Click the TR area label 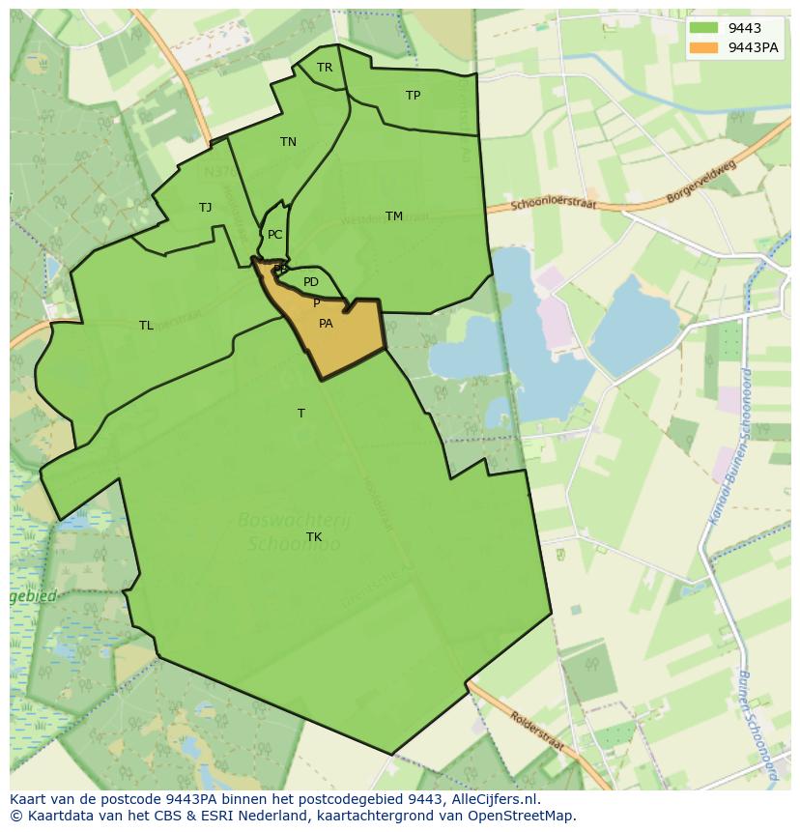click(x=325, y=68)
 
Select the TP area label click(x=413, y=96)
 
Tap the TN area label click(x=288, y=142)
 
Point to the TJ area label click(x=205, y=208)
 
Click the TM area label click(x=394, y=216)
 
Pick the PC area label click(x=275, y=235)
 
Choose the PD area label click(x=310, y=282)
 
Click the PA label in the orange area click(x=326, y=324)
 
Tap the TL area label click(x=146, y=326)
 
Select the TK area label click(x=314, y=537)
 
